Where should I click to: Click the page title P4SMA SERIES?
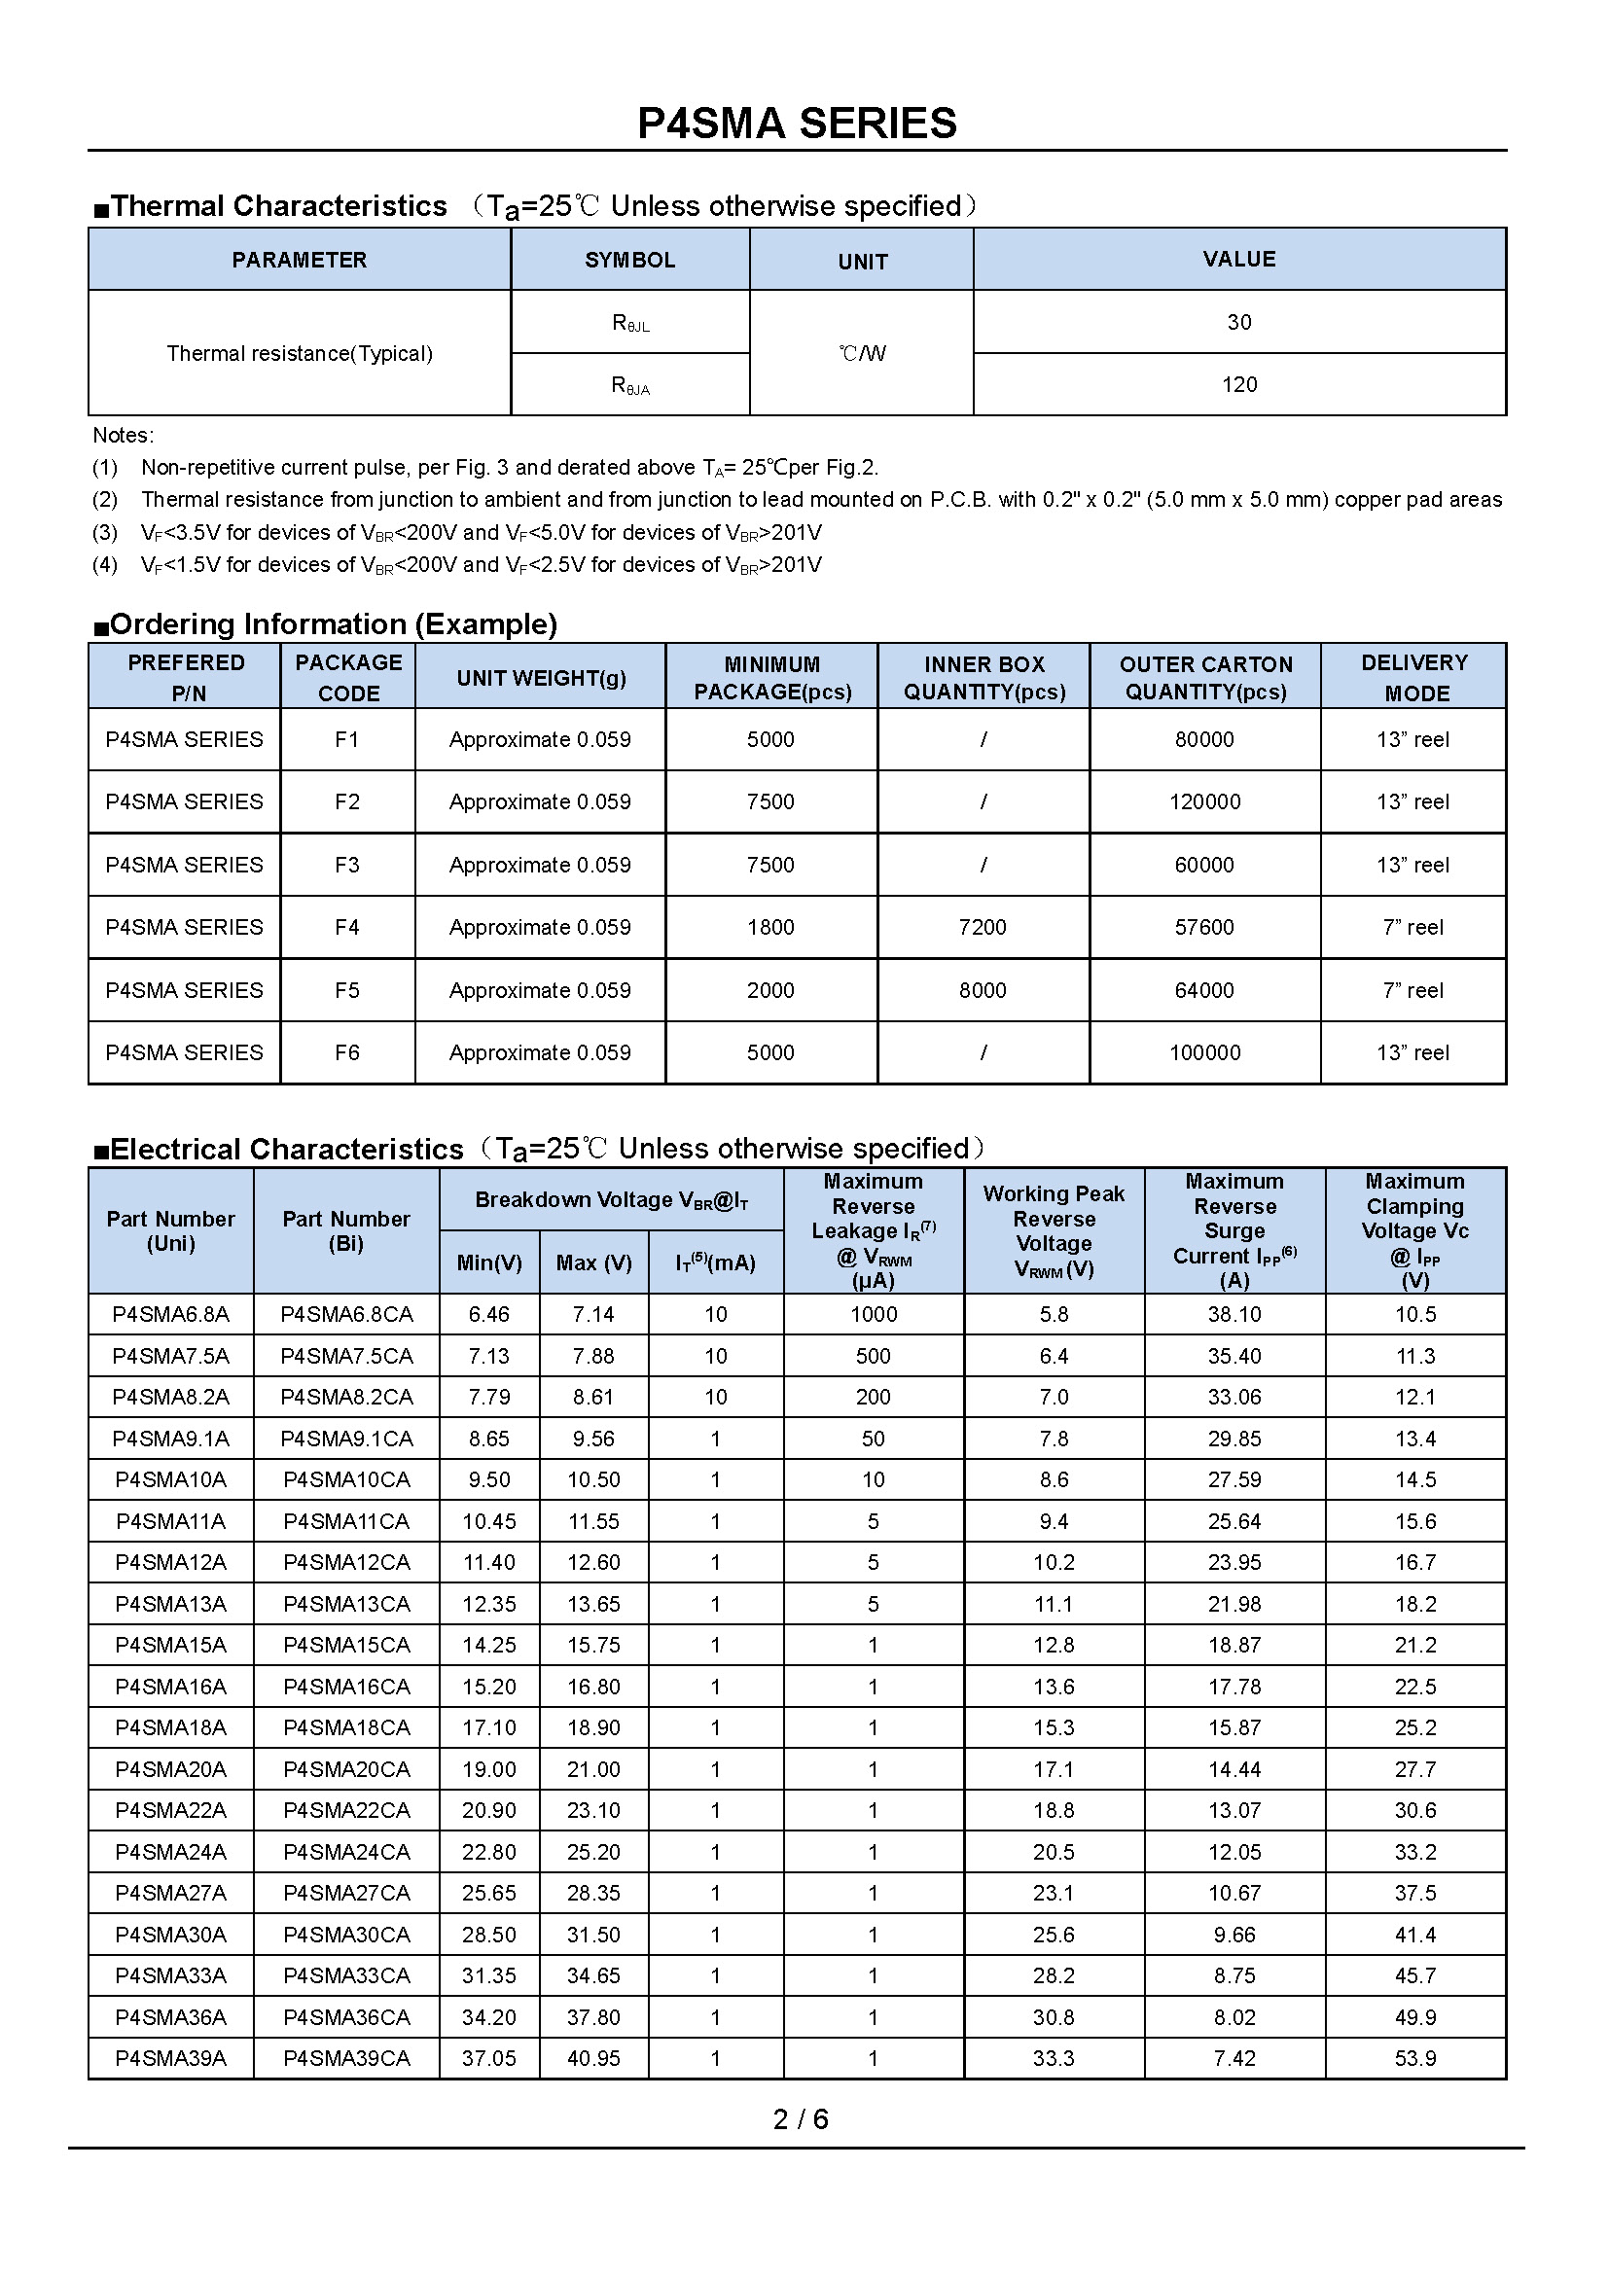(797, 124)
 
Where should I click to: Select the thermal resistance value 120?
(1238, 384)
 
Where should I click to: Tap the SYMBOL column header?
(630, 260)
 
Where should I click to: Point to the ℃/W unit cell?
(861, 354)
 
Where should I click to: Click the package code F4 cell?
(346, 928)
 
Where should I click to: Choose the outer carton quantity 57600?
(1203, 928)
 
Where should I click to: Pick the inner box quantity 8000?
(982, 990)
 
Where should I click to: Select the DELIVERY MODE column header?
(1413, 678)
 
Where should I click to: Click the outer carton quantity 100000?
(1203, 1052)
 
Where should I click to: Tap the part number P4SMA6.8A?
(170, 1314)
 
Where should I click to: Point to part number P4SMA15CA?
(345, 1645)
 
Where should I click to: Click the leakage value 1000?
(873, 1314)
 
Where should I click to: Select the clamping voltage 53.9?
(1414, 2058)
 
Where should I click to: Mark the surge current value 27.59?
(1234, 1479)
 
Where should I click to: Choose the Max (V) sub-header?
(593, 1262)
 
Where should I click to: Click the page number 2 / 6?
(801, 2118)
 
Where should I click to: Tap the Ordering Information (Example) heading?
(333, 624)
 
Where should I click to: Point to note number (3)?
(105, 533)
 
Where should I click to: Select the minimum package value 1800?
(769, 928)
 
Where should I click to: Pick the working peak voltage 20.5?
(1054, 1852)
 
